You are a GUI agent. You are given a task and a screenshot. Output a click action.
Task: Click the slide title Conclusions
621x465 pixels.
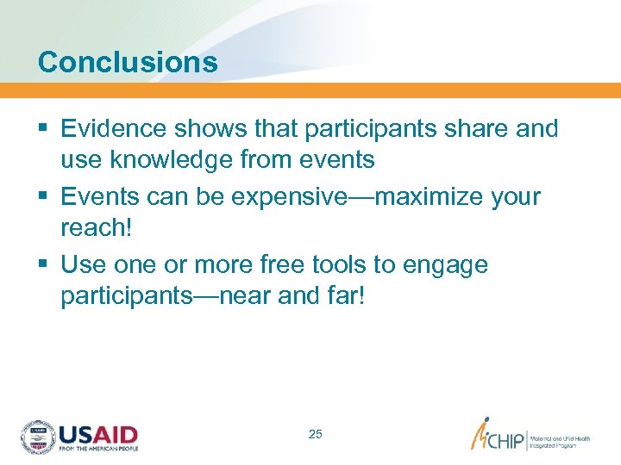pyautogui.click(x=128, y=62)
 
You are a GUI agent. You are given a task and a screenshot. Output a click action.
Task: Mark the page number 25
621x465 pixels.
pyautogui.click(x=316, y=434)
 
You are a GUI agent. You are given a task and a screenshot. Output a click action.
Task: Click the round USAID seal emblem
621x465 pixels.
pyautogui.click(x=38, y=437)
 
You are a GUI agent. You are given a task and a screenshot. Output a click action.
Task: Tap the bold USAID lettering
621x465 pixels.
pyautogui.click(x=98, y=433)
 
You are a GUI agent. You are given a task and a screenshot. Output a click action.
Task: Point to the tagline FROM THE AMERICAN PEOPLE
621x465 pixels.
pyautogui.click(x=98, y=449)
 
